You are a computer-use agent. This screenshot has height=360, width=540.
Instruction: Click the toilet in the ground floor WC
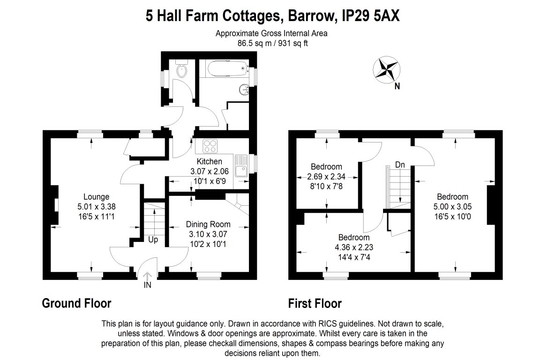tap(181, 69)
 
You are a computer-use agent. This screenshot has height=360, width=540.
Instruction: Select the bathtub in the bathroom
tap(224, 68)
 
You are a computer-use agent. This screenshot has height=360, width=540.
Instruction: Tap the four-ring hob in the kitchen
tap(210, 145)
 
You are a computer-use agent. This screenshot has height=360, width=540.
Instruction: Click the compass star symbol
tap(386, 69)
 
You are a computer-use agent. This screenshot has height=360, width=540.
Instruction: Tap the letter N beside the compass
tap(397, 86)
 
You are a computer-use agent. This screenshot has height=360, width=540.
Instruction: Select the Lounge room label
tap(97, 197)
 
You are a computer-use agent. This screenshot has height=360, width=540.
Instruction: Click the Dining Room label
tap(208, 224)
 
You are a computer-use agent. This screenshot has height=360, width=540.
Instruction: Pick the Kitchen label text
tap(210, 161)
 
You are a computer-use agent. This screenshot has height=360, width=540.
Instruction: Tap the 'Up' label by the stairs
tap(153, 240)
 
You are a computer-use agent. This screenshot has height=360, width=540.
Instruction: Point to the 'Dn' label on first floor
tap(400, 165)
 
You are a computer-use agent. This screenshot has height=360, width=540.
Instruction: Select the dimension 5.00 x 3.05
tap(452, 207)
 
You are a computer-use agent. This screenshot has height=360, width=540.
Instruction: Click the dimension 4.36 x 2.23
tap(354, 247)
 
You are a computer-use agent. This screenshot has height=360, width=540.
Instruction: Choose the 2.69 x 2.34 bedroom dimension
tap(326, 177)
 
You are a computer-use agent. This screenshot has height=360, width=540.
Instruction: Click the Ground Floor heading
tap(76, 303)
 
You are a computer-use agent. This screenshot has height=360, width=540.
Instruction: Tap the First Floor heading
tap(315, 303)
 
